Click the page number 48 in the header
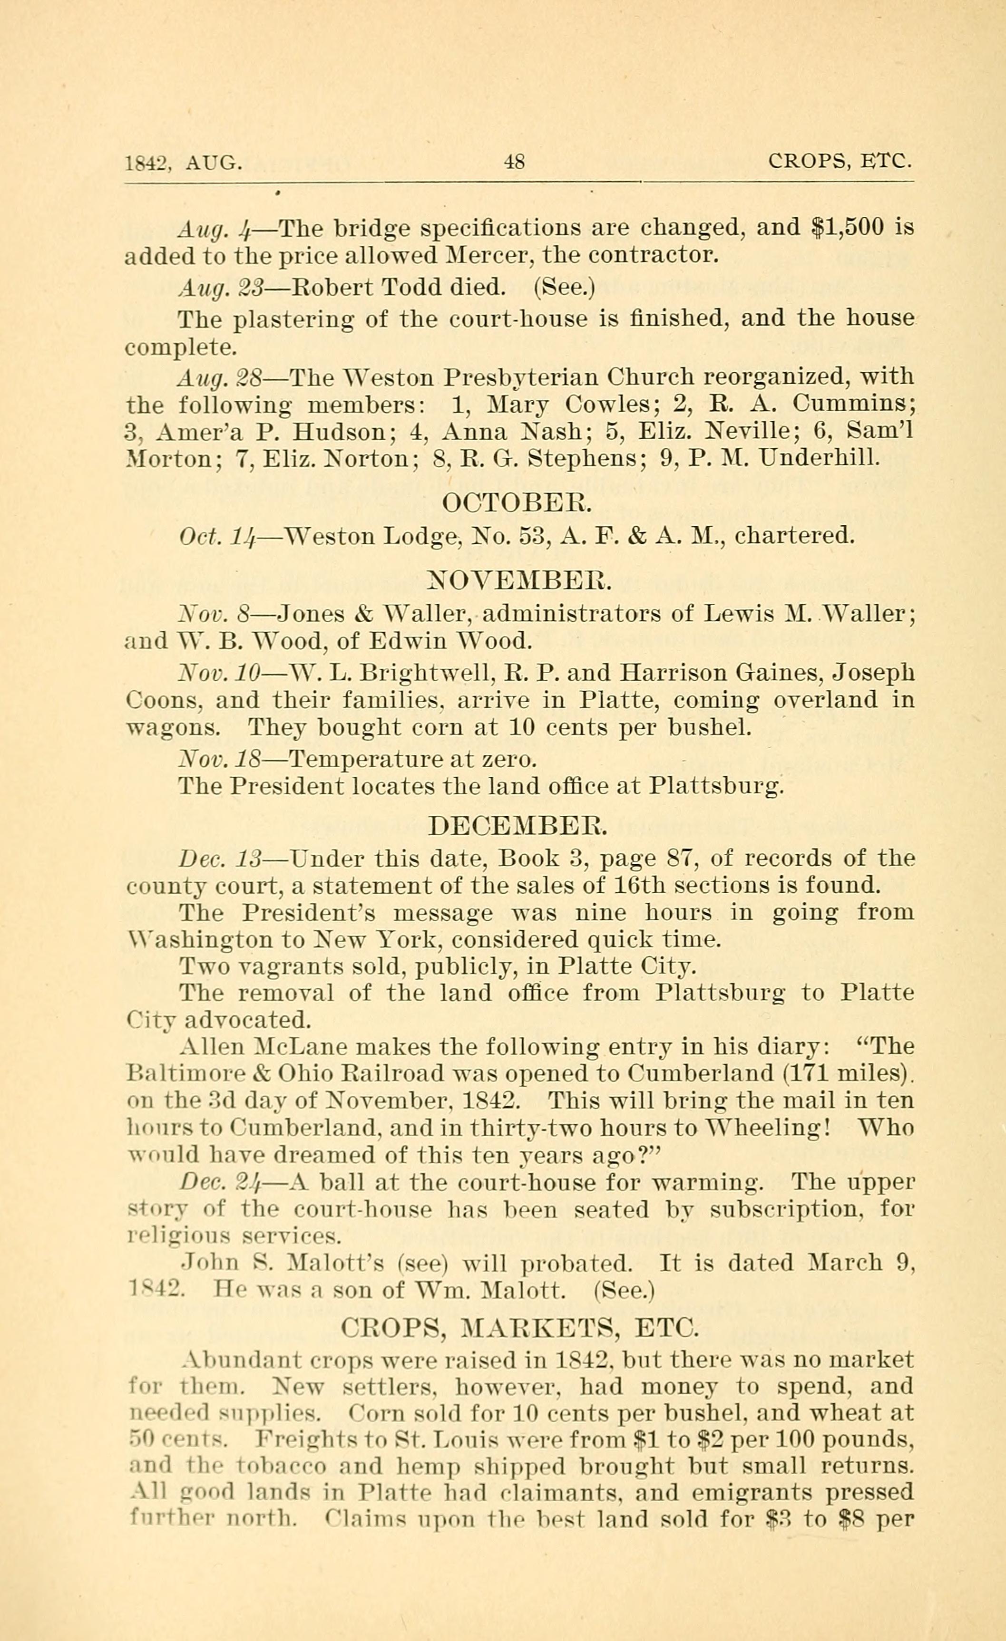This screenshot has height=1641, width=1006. pos(515,162)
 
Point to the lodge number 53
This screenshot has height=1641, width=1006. pos(534,536)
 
